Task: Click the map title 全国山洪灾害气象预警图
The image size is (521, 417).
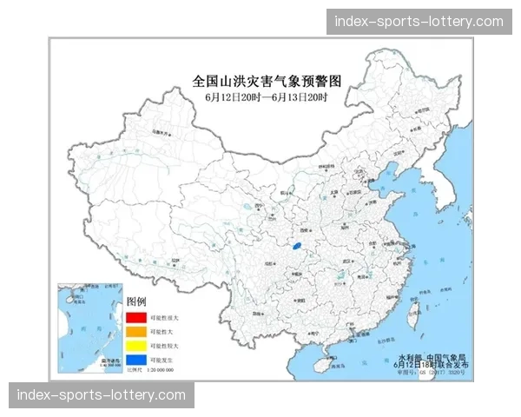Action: [267, 81]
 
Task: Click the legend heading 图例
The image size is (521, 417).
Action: [136, 301]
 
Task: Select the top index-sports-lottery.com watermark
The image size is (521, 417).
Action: [419, 21]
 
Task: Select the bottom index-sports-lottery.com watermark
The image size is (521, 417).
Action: [101, 395]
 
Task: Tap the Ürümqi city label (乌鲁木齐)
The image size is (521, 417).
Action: [158, 132]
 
